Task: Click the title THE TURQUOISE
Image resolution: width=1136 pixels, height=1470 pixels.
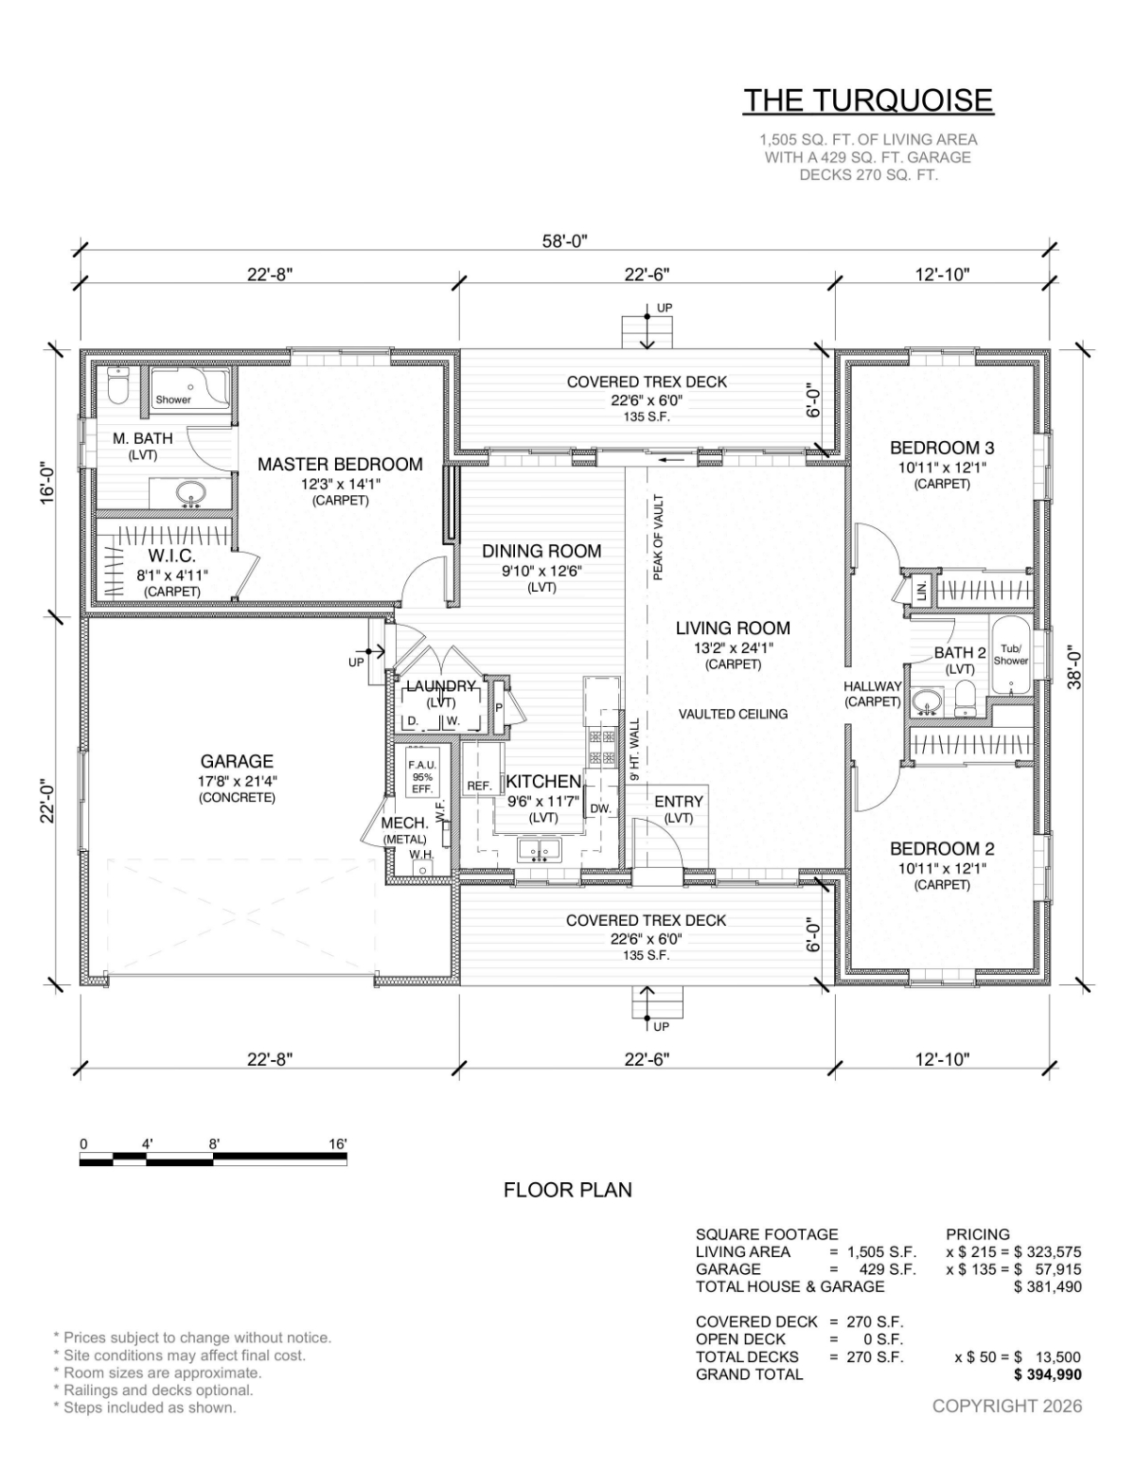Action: (x=869, y=100)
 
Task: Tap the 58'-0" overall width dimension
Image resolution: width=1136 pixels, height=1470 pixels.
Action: (x=565, y=240)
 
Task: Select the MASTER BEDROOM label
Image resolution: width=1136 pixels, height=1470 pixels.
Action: (x=340, y=464)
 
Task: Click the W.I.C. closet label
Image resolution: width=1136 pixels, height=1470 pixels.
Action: (x=172, y=556)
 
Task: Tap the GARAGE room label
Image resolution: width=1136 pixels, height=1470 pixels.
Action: (x=237, y=762)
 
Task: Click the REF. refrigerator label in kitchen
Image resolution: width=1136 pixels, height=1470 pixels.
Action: (x=479, y=786)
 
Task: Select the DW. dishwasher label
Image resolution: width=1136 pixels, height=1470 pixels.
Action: (x=600, y=808)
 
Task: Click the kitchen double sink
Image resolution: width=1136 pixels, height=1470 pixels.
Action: (x=540, y=850)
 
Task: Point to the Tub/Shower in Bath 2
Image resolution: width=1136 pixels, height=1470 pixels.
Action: (x=1011, y=655)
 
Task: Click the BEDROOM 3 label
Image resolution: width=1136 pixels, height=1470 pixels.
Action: (x=942, y=448)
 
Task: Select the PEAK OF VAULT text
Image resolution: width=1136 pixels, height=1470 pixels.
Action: (x=658, y=537)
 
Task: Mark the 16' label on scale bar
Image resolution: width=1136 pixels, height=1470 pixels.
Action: (x=338, y=1144)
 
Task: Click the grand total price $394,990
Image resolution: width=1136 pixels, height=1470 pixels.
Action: (x=1047, y=1374)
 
